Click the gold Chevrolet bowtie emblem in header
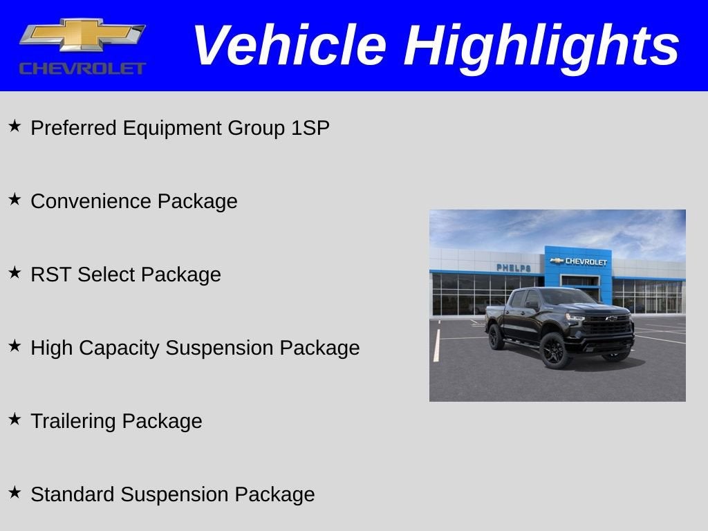pyautogui.click(x=82, y=35)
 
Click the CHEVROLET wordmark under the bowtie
pyautogui.click(x=82, y=68)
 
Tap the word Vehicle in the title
pyautogui.click(x=289, y=46)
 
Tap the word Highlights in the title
pyautogui.click(x=541, y=46)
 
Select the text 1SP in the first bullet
pyautogui.click(x=310, y=128)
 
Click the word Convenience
pyautogui.click(x=91, y=201)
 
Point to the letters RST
pyautogui.click(x=50, y=274)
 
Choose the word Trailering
pyautogui.click(x=73, y=421)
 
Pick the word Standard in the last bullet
pyautogui.click(x=73, y=494)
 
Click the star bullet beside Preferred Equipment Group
pyautogui.click(x=15, y=127)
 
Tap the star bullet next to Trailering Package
pyautogui.click(x=15, y=420)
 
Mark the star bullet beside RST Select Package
pyautogui.click(x=15, y=273)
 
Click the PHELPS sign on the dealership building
pyautogui.click(x=513, y=268)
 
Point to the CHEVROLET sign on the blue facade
pyautogui.click(x=579, y=261)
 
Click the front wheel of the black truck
pyautogui.click(x=555, y=351)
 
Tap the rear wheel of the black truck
pyautogui.click(x=496, y=337)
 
